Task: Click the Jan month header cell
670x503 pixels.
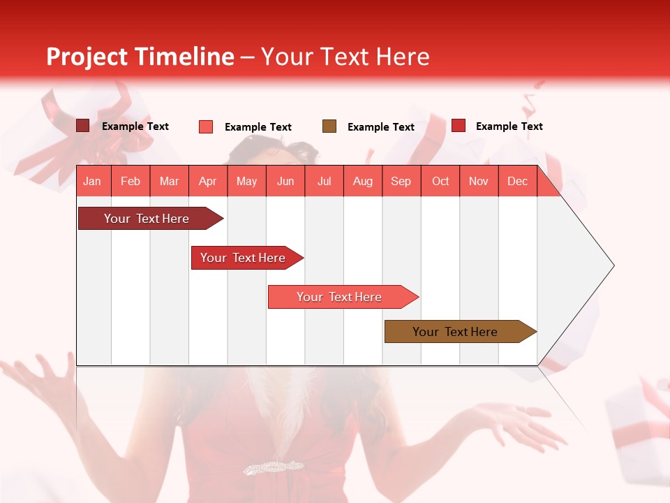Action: pos(93,181)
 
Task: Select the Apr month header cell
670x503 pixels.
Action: pos(208,181)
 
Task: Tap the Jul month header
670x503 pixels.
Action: pos(324,181)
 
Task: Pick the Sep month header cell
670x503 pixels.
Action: pos(401,181)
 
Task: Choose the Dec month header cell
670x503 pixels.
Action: pos(517,181)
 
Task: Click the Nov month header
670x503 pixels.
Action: pos(479,181)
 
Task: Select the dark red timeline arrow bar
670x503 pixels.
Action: pos(147,219)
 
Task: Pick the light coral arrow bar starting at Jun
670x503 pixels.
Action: pos(340,297)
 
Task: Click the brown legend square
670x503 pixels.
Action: pos(329,126)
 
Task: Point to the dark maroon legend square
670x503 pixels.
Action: pos(82,126)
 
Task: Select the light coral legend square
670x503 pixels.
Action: pos(206,126)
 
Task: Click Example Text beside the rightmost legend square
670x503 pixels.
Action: pos(509,126)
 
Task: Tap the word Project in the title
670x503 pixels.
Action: pos(87,57)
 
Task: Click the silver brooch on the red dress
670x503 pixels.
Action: pos(273,467)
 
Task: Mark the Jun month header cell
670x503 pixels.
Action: pos(285,181)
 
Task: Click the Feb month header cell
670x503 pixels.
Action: pos(131,181)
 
